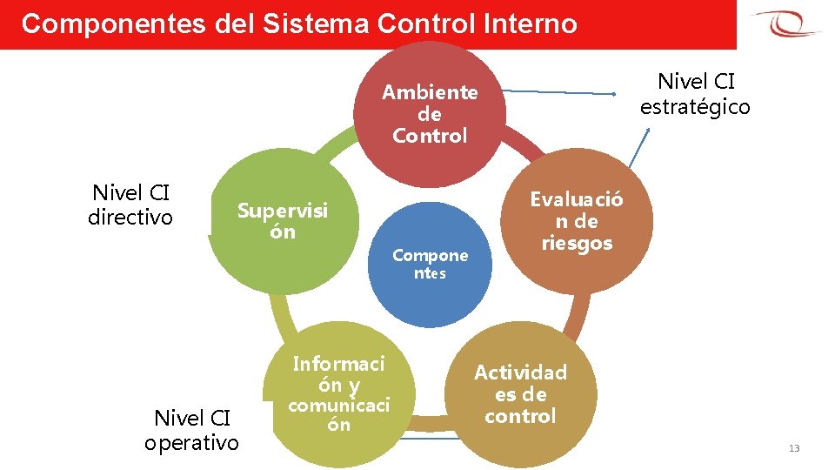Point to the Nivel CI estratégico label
coord(695,94)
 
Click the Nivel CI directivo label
coord(130,205)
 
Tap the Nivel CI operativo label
coord(191,430)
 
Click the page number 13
coord(793,448)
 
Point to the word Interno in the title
coord(531,23)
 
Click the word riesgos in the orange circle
coord(577,243)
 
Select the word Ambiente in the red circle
coord(430,92)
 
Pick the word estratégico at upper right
coord(695,106)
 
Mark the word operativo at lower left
coord(191,442)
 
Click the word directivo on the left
coord(130,217)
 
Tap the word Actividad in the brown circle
coord(520,373)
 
